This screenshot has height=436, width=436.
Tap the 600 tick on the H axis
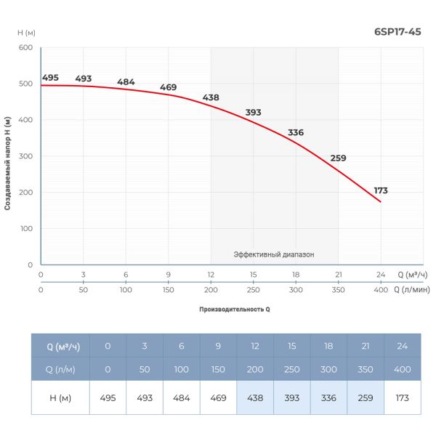[25, 48]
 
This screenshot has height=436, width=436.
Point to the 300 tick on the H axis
[25, 156]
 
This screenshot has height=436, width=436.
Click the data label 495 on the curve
[50, 78]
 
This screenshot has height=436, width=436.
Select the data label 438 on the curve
[211, 97]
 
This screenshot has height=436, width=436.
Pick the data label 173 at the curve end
[381, 190]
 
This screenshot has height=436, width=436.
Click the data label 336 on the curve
[296, 132]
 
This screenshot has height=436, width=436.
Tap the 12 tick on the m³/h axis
[211, 275]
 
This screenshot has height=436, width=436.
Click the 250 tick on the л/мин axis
[253, 289]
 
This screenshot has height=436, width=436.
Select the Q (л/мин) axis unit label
[411, 289]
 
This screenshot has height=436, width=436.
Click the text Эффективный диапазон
[274, 254]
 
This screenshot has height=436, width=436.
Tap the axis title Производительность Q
[235, 309]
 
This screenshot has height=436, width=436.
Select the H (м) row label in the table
[60, 397]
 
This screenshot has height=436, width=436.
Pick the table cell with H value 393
[292, 397]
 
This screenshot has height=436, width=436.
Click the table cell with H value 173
[403, 397]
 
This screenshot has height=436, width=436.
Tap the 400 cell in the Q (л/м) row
[403, 369]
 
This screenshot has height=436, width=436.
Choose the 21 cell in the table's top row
[366, 346]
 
